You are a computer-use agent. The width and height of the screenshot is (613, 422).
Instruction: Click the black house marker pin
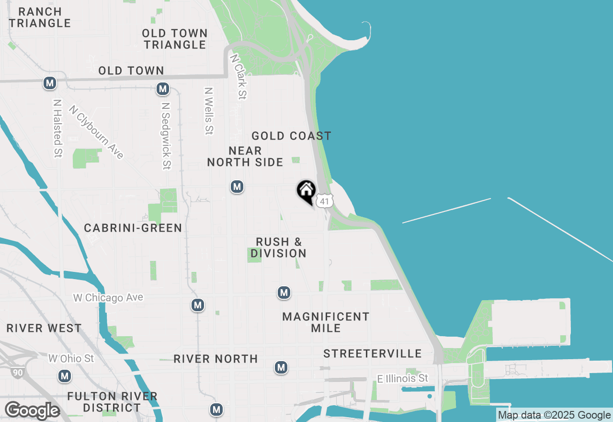point(306,191)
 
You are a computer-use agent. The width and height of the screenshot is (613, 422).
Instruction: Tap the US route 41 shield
point(325,201)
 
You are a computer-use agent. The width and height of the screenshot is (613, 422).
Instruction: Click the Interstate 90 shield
point(18,372)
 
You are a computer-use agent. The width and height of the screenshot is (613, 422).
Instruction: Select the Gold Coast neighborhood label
point(291,136)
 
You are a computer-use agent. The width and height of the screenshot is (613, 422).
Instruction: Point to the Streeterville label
point(373,354)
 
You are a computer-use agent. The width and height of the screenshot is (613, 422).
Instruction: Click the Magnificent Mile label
point(326,322)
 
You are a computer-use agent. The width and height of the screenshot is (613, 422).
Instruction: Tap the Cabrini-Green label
point(133,228)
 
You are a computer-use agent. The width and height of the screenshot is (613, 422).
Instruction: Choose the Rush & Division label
point(278,247)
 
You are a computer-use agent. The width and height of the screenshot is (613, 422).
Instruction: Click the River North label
point(216,359)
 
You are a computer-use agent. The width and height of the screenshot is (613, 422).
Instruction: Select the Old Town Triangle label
point(175,39)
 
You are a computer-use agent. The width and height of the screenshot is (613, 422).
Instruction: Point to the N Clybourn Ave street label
point(96,132)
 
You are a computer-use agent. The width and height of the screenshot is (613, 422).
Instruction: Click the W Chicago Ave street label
point(108,298)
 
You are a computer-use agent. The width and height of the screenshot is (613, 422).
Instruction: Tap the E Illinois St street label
point(402,379)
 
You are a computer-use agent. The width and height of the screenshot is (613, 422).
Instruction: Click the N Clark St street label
point(238,76)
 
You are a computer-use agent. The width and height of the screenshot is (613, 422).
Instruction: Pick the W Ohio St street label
point(71,359)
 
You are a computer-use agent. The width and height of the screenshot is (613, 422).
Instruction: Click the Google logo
point(32,410)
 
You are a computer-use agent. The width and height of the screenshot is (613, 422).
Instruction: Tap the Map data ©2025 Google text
point(554,415)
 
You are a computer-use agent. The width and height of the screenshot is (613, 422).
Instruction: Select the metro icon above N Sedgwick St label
point(163,89)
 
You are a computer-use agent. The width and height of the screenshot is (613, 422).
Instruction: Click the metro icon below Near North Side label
point(237,187)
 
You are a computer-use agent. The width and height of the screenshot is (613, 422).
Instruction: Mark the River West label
point(44,328)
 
